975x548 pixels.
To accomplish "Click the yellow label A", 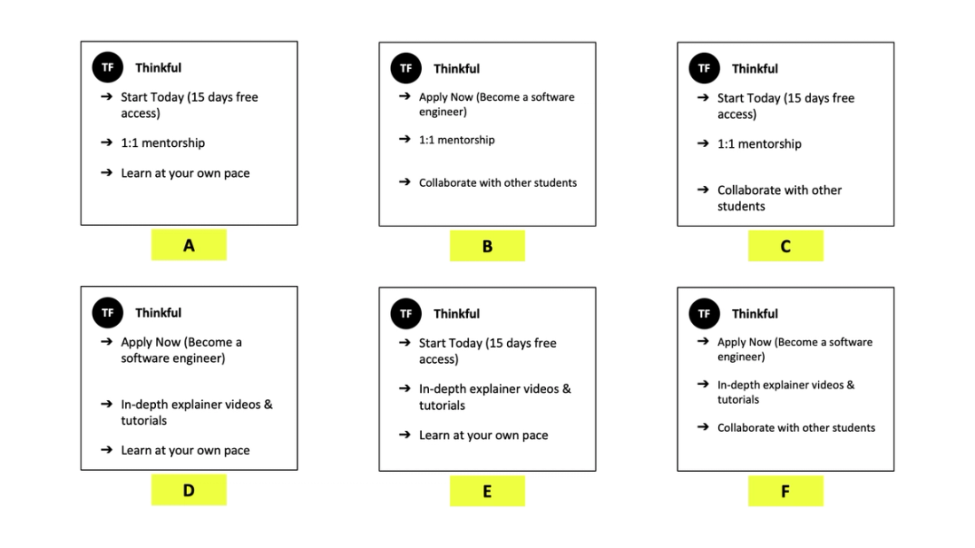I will tap(189, 245).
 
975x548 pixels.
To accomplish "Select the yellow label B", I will tap(487, 246).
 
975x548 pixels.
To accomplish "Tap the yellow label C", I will tap(785, 246).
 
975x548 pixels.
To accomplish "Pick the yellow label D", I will tap(189, 490).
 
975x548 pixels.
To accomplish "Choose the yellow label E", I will tap(487, 490).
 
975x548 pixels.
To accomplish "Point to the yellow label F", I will tap(785, 490).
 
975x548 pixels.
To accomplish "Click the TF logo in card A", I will tap(107, 67).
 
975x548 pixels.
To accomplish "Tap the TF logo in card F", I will tap(704, 313).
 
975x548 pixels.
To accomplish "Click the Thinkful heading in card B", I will tap(456, 69).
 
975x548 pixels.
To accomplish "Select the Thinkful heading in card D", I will tap(159, 313).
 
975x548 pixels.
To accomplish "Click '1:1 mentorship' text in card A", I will tap(163, 143).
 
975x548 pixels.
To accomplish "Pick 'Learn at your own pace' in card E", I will tap(483, 436).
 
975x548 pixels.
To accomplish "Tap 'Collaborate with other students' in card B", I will tap(498, 183).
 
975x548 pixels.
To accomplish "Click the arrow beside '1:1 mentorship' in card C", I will tap(703, 143).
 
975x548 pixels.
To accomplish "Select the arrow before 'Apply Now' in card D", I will tap(106, 342).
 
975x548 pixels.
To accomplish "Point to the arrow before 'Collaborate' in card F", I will tap(703, 428).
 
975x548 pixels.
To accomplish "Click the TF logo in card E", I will tap(406, 313).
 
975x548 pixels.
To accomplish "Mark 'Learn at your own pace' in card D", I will tap(185, 451).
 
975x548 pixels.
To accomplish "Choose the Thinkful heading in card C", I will tap(755, 69).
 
